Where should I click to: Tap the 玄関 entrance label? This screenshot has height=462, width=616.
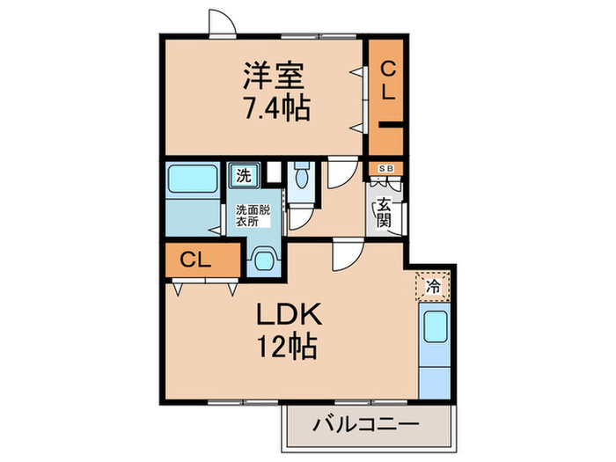coord(384,213)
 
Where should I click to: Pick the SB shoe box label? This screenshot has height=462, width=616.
coord(385,168)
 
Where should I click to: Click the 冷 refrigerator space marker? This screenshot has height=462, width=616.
coord(432,285)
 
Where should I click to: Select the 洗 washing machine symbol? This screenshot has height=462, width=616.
coord(243,174)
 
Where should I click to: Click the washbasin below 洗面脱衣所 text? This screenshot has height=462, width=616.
coord(263,259)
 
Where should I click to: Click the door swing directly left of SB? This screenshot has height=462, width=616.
coord(341,173)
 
